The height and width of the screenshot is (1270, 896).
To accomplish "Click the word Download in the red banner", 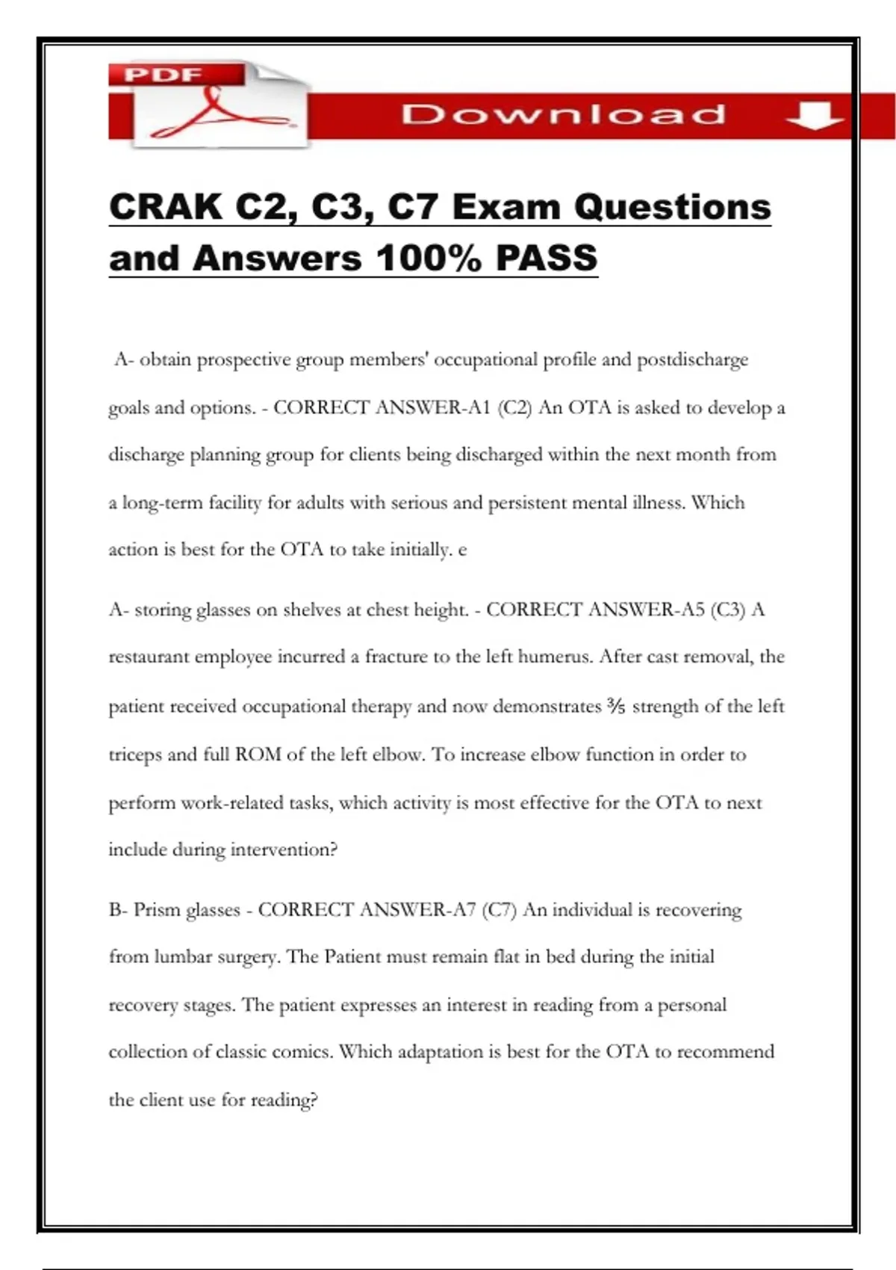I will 563,114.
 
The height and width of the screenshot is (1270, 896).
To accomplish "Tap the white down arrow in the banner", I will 815,116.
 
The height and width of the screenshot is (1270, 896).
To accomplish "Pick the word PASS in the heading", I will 547,258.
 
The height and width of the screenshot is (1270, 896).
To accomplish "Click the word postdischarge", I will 692,360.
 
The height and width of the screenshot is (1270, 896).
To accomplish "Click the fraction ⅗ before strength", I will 617,706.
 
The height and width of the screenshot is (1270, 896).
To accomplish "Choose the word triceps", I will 135,755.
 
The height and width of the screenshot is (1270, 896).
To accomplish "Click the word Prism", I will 157,910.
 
